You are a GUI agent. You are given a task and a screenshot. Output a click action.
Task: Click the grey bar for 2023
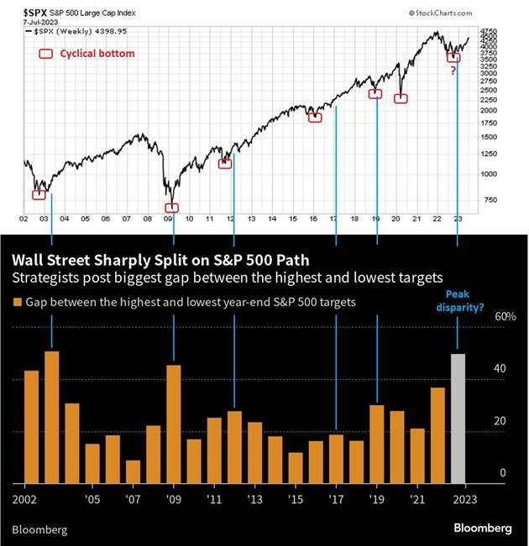point(458,419)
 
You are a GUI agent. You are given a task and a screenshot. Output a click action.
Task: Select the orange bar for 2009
point(174,424)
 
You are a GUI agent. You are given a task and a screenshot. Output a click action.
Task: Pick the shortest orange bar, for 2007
point(133,471)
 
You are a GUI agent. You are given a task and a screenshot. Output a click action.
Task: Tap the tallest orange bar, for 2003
point(52,417)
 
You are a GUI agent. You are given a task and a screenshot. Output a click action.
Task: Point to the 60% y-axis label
point(481,317)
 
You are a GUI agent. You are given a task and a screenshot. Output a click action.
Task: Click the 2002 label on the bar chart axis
point(25,498)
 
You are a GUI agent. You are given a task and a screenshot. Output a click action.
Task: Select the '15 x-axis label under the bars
point(295,498)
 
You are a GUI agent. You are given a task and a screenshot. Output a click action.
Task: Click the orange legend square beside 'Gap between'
point(17,301)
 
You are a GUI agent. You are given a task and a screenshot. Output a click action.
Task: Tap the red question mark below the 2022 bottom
point(453,70)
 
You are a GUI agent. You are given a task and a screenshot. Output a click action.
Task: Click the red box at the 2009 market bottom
point(172,207)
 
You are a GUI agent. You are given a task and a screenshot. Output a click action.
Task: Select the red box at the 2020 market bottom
point(401,99)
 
